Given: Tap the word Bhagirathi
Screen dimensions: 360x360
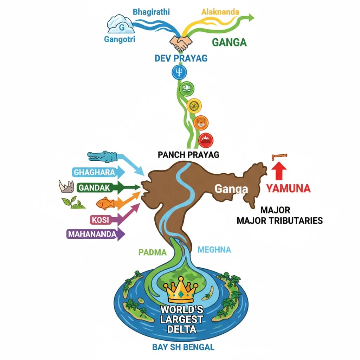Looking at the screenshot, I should [151, 12].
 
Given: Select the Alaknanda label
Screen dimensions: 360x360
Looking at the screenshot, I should [220, 12].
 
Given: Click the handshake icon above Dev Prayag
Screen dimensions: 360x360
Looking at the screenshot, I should [181, 43].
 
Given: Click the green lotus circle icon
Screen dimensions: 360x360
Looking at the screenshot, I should [186, 89].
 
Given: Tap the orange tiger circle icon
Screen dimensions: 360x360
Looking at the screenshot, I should [201, 123].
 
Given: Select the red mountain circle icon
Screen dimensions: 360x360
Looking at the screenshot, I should [206, 140].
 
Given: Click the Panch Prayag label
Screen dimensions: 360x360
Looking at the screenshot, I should [189, 154].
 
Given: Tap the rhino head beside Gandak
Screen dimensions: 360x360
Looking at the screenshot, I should [66, 186].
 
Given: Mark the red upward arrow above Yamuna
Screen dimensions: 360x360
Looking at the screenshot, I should [279, 172].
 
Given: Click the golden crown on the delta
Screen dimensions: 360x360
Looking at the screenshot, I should [181, 290].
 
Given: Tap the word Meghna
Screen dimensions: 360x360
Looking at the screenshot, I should [214, 250].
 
